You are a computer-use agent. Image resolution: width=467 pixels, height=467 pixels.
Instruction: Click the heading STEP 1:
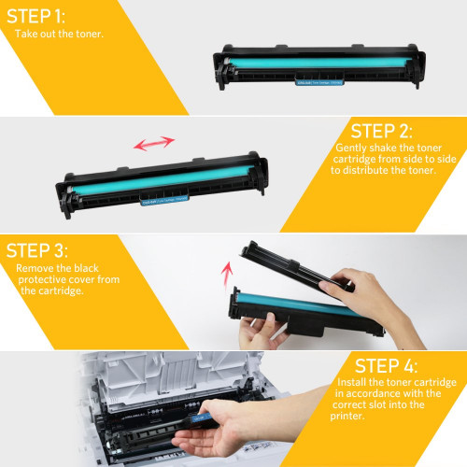pos(35,16)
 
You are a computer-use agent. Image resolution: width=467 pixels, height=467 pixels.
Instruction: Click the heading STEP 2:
pos(382,131)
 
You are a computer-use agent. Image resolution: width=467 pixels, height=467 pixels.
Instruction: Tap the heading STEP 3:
pos(36,250)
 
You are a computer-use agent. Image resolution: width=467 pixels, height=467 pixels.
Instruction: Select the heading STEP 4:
pos(386,366)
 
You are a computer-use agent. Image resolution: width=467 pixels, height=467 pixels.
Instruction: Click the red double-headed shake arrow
pos(154,143)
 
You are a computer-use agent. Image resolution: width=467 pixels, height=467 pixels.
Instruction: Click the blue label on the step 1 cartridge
pos(319,82)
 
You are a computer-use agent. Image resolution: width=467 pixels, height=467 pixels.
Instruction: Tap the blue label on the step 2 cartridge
pos(164,200)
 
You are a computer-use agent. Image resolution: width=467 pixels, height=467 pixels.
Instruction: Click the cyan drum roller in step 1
pos(319,63)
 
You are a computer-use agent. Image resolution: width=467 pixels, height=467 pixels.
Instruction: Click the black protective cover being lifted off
pos(296,265)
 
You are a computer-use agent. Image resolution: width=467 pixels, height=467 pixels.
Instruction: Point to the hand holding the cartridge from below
pos(262,331)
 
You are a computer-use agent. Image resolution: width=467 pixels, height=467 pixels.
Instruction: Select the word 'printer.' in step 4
pos(347,417)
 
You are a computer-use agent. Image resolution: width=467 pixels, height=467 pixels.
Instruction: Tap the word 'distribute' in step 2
pos(365,170)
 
